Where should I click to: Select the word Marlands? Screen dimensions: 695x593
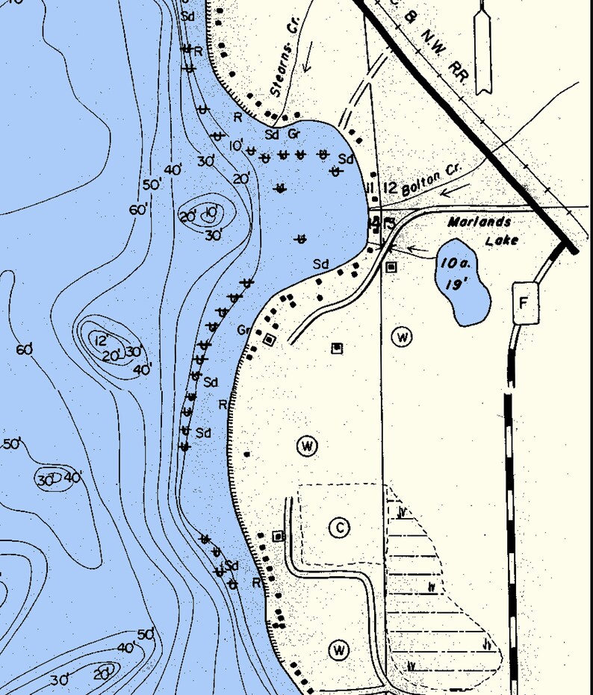pyautogui.click(x=479, y=222)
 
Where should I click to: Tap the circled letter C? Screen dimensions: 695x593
pyautogui.click(x=339, y=528)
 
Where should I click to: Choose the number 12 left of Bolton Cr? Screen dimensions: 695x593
pyautogui.click(x=388, y=187)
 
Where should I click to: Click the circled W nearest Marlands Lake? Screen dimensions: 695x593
pyautogui.click(x=402, y=337)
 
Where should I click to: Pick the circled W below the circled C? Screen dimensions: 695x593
pyautogui.click(x=339, y=650)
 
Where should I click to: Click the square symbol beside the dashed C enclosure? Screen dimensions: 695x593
pyautogui.click(x=279, y=536)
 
